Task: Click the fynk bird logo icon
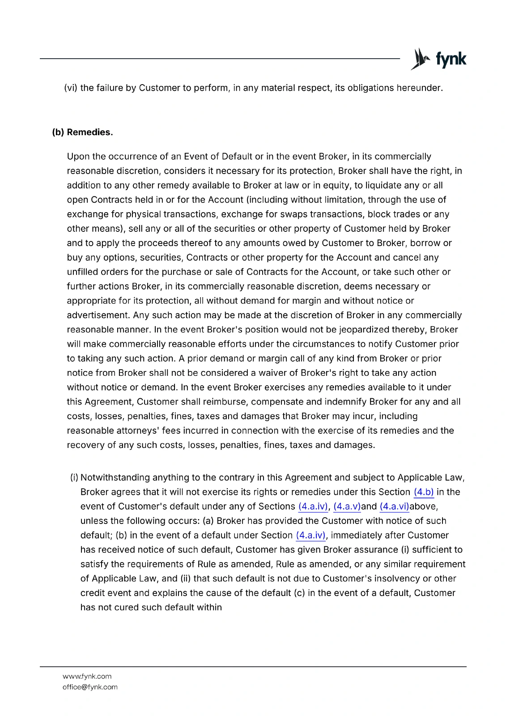pyautogui.click(x=420, y=59)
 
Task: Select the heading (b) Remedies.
pyautogui.click(x=82, y=132)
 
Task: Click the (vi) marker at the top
pyautogui.click(x=71, y=88)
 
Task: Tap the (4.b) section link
pyautogui.click(x=424, y=492)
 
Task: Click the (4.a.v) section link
pyautogui.click(x=347, y=506)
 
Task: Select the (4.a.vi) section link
pyautogui.click(x=394, y=506)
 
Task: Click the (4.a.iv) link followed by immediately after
pyautogui.click(x=311, y=535)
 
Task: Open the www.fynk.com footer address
pyautogui.click(x=87, y=676)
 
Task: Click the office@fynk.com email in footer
pyautogui.click(x=90, y=687)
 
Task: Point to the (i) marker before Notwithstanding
pyautogui.click(x=74, y=477)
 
